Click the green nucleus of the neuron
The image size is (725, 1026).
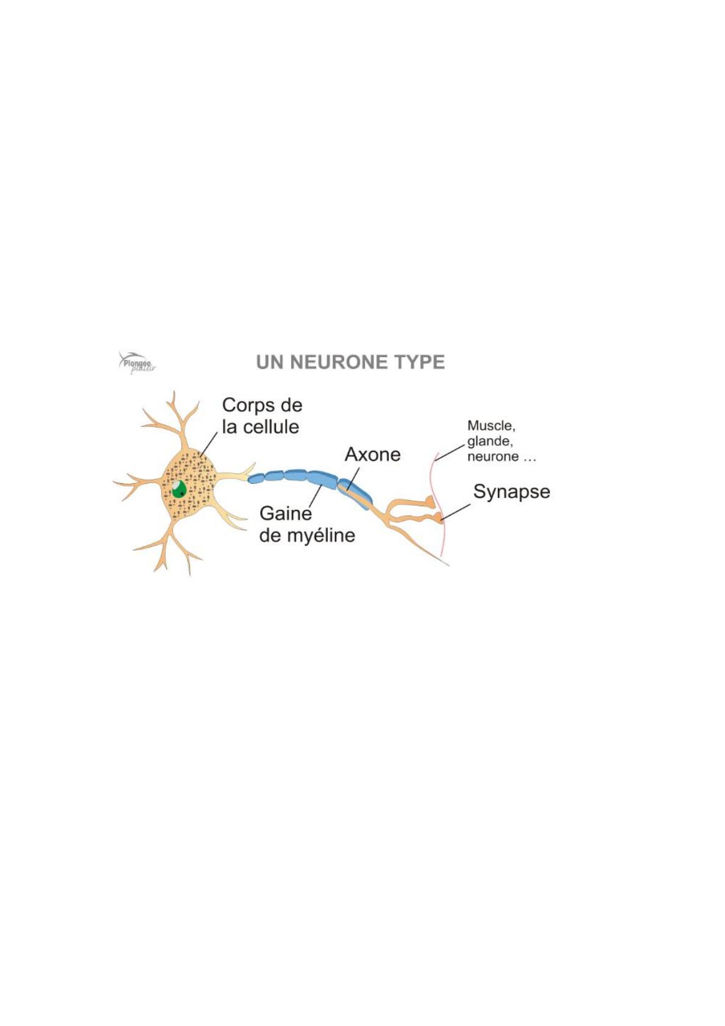click(x=179, y=489)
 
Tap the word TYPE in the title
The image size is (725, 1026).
click(x=419, y=362)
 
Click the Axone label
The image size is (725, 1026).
click(x=372, y=455)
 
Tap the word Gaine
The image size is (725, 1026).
click(x=285, y=514)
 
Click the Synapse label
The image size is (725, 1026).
click(x=511, y=492)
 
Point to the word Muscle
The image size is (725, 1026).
click(x=490, y=426)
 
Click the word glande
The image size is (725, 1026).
click(x=489, y=441)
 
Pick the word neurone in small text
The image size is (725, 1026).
click(x=493, y=457)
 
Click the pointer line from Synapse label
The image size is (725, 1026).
click(x=456, y=512)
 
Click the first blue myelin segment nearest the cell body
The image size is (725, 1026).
click(x=256, y=478)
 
